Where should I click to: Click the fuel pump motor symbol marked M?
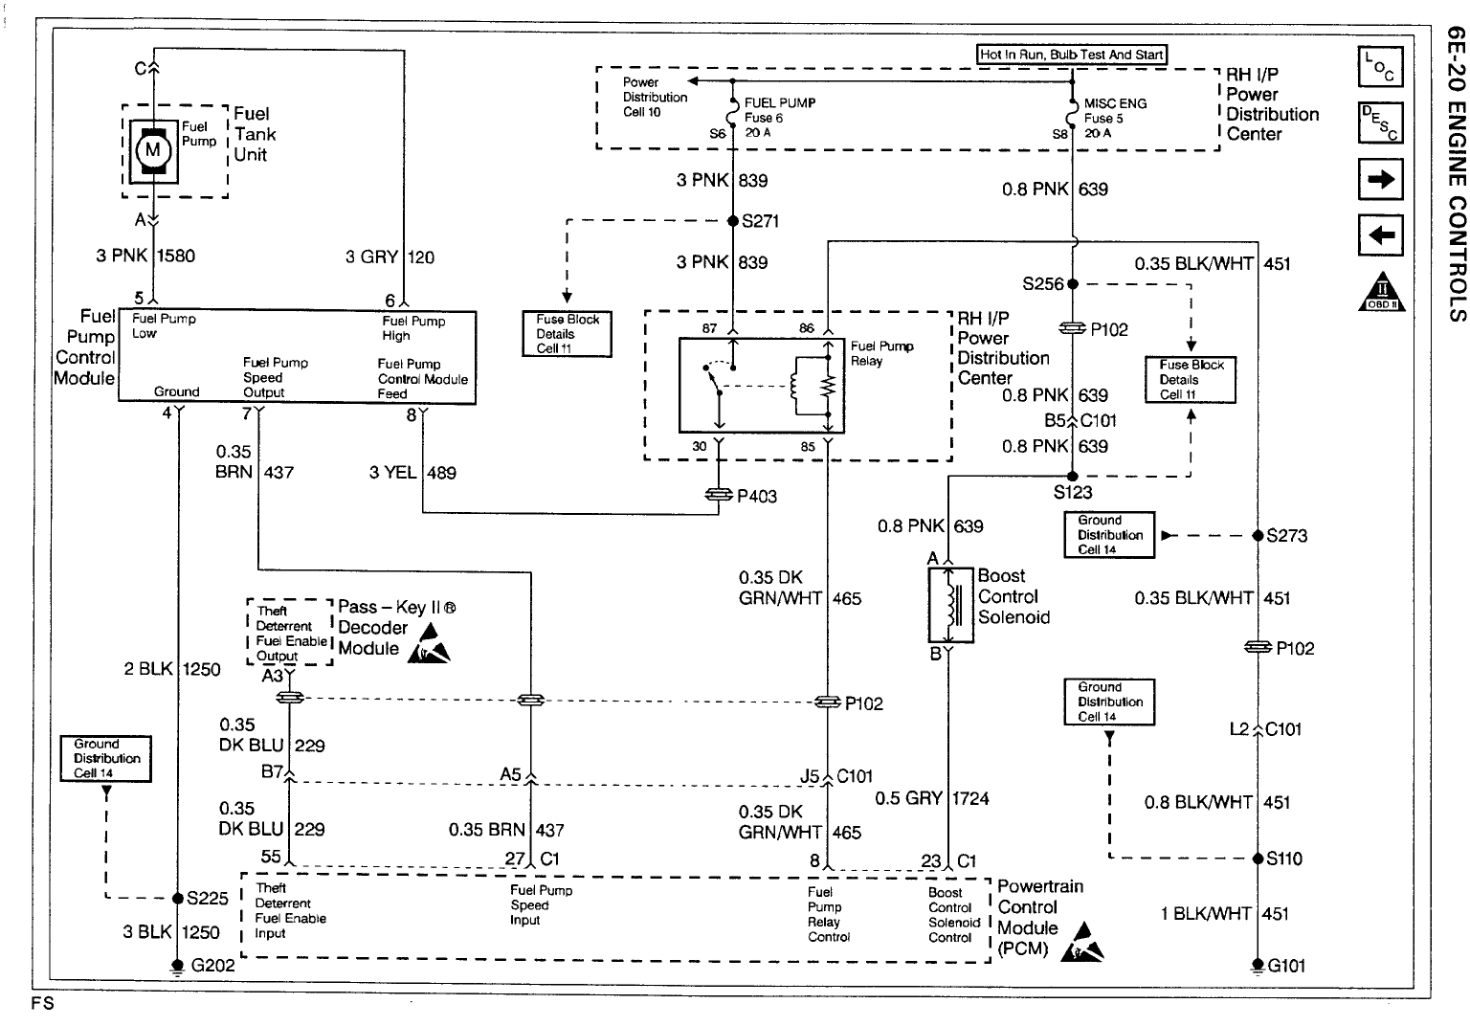(x=151, y=148)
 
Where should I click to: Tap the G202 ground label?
(x=212, y=966)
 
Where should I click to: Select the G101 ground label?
(x=1286, y=966)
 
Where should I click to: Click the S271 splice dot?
(x=733, y=221)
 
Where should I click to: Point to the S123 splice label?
(x=1072, y=494)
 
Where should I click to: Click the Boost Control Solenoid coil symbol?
(x=950, y=605)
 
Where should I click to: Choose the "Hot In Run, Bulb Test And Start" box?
(x=1072, y=55)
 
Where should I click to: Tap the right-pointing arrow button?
(x=1380, y=179)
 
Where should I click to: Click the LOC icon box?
(x=1380, y=68)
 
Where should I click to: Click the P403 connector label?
(x=756, y=496)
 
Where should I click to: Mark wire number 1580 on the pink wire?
(x=175, y=256)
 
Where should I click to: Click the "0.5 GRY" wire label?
(x=908, y=798)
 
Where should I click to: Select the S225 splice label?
(x=207, y=899)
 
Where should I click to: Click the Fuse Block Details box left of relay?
(x=568, y=334)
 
